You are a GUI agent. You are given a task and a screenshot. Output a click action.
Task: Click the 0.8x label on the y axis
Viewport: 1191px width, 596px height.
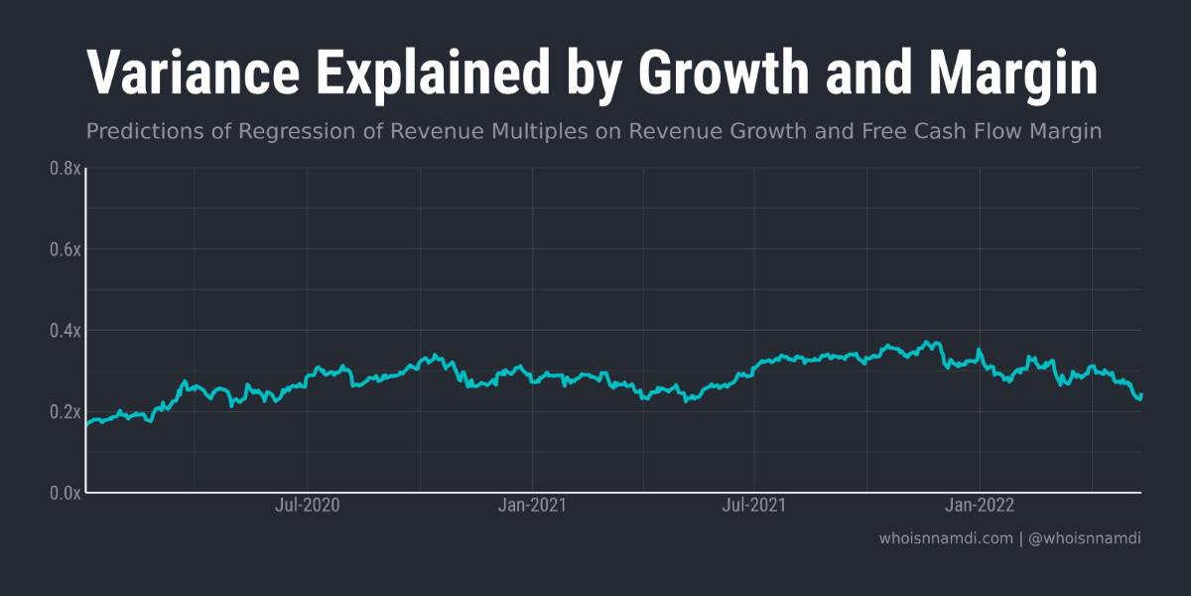point(66,169)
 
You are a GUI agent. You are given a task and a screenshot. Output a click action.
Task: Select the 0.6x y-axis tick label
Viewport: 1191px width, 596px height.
point(66,249)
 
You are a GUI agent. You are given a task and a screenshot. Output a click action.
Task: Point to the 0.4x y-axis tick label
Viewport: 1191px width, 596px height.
point(66,330)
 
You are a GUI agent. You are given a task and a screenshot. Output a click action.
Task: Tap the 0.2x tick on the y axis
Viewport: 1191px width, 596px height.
point(66,411)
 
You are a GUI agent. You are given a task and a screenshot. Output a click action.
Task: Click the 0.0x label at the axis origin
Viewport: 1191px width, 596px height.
point(66,492)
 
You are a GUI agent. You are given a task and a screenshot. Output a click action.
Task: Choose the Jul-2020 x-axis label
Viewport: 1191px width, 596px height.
point(307,506)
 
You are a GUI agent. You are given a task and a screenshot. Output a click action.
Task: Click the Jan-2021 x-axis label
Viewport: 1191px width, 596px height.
point(532,506)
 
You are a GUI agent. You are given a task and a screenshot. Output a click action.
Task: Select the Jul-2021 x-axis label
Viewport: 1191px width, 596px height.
point(754,506)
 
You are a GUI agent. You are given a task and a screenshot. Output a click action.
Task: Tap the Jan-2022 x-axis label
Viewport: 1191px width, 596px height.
point(980,506)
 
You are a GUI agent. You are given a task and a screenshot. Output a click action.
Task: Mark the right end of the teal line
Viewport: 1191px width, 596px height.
point(1140,395)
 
